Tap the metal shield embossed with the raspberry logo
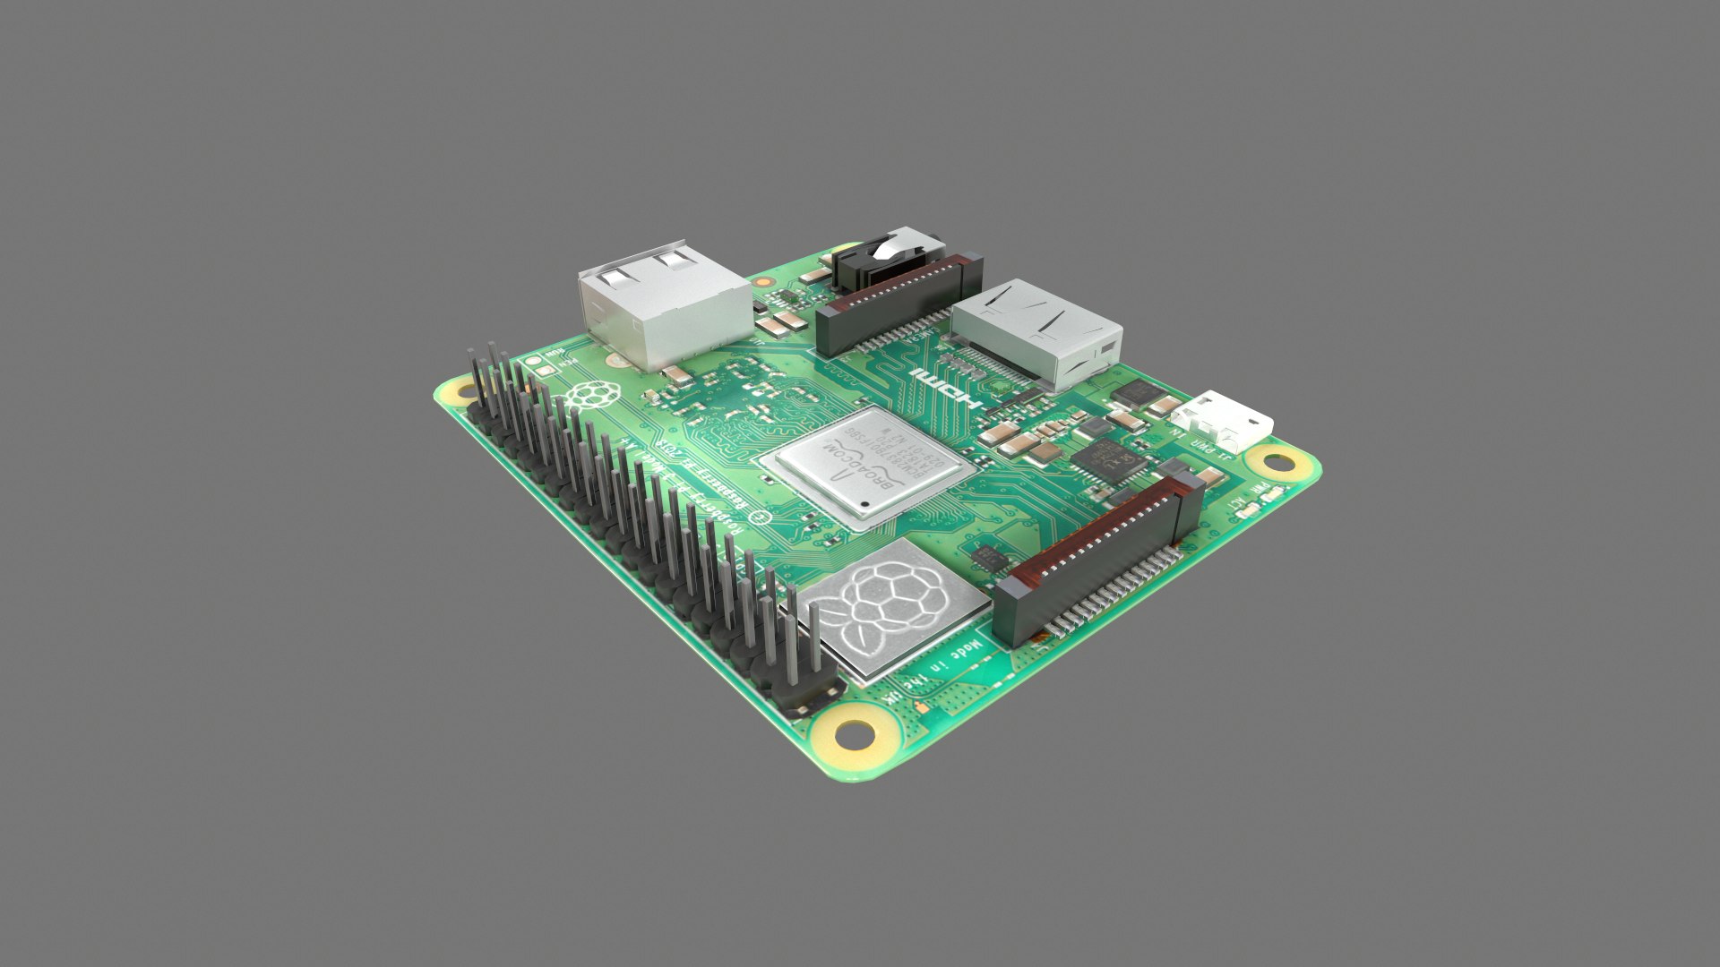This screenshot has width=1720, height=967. tap(883, 608)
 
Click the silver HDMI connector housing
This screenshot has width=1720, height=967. tap(1037, 331)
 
